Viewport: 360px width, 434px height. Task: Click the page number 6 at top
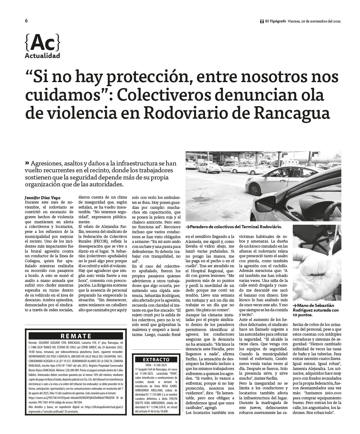pyautogui.click(x=27, y=21)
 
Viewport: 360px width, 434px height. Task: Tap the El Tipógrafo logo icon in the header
pyautogui.click(x=262, y=22)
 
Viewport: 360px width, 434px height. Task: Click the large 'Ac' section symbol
pyautogui.click(x=42, y=43)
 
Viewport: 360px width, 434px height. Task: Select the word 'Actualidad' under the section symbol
pyautogui.click(x=42, y=56)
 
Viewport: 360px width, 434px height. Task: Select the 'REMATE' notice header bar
pyautogui.click(x=76, y=336)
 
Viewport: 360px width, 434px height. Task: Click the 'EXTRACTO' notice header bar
pyautogui.click(x=156, y=359)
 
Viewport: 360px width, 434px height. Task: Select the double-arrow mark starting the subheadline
pyautogui.click(x=27, y=163)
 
